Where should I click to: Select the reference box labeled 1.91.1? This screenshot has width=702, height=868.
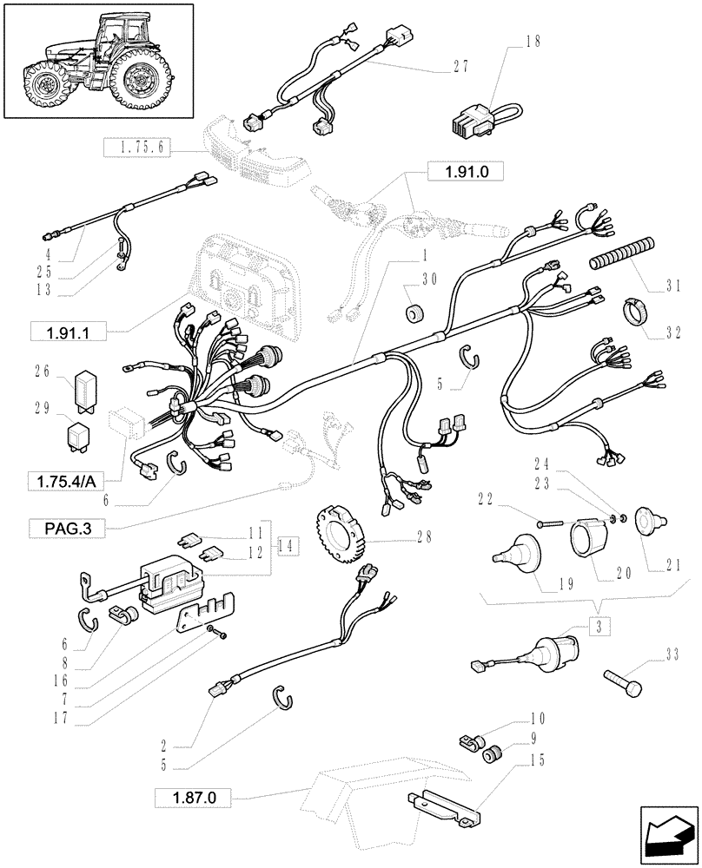66,331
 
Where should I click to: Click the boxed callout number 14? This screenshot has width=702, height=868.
285,546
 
